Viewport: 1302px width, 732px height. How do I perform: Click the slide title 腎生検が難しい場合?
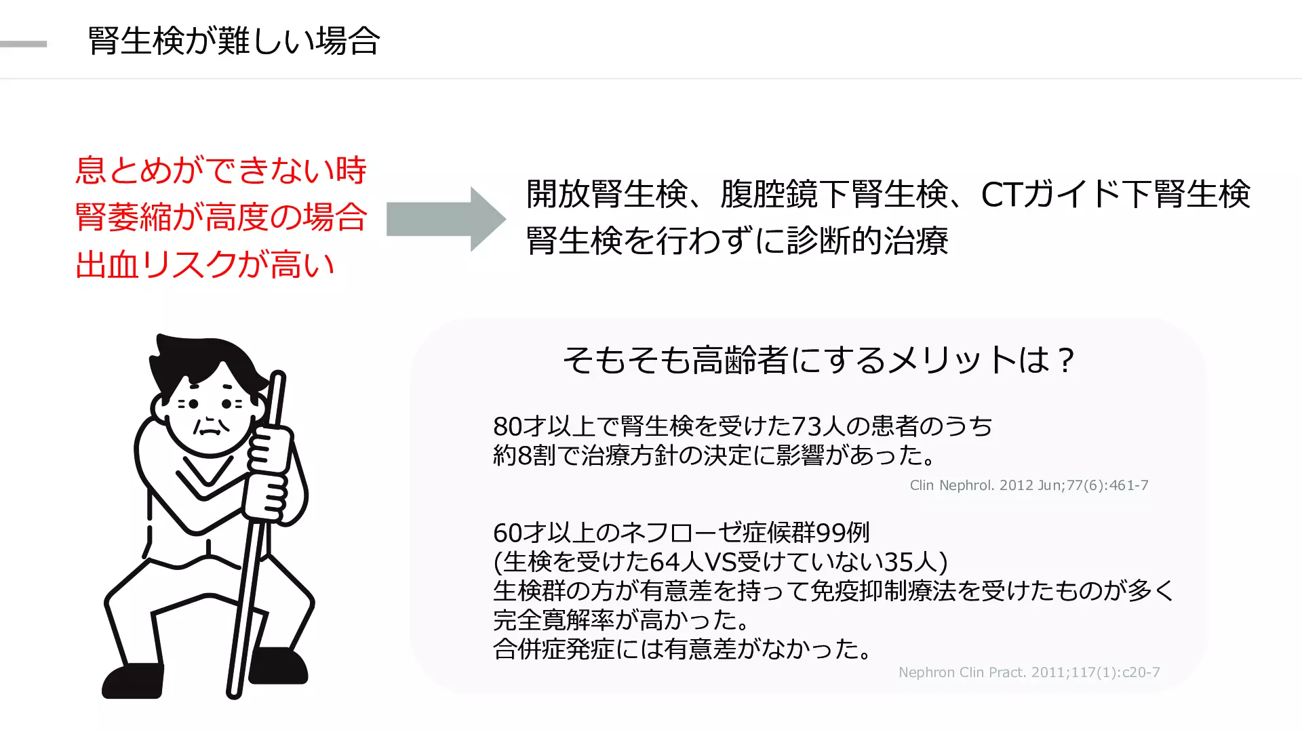pos(233,41)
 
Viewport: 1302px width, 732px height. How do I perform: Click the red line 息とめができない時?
pos(221,169)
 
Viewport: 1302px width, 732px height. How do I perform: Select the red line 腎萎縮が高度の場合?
pos(221,217)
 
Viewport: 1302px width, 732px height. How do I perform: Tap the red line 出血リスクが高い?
pos(205,264)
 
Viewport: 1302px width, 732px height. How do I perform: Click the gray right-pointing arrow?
pos(446,219)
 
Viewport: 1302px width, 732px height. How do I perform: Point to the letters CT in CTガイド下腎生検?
pos(1001,195)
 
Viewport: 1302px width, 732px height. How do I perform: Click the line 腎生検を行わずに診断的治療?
pos(737,241)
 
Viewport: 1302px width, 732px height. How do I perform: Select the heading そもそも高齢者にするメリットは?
pos(818,360)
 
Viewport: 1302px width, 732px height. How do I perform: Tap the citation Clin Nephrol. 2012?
pos(1029,485)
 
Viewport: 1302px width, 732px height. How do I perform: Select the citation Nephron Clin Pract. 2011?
pos(1029,672)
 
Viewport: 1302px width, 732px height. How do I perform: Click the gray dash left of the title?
pos(24,44)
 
